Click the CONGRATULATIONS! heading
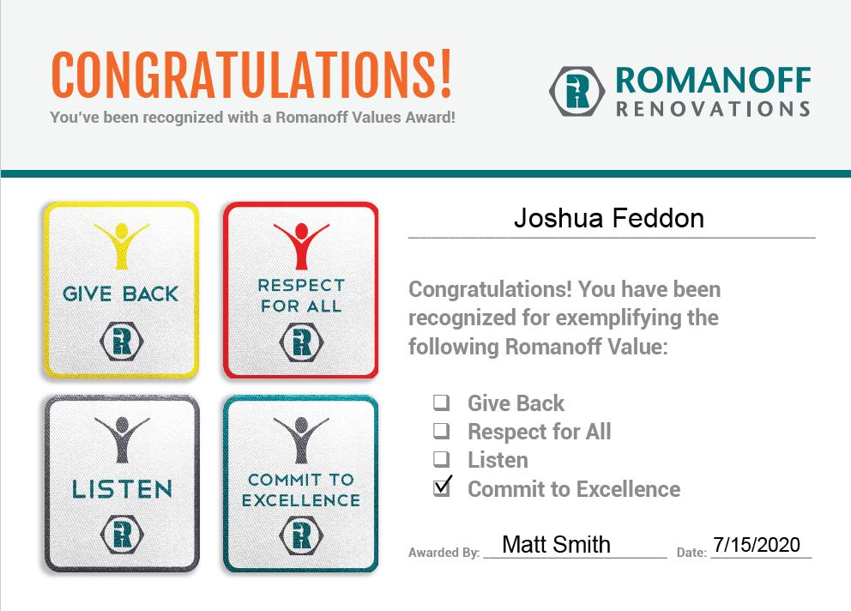click(x=250, y=75)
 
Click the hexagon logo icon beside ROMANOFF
click(x=577, y=91)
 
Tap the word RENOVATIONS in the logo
click(x=713, y=108)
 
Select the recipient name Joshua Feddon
click(x=609, y=218)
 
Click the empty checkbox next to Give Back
click(x=442, y=402)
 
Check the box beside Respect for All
click(x=442, y=430)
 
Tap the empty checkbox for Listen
click(x=442, y=459)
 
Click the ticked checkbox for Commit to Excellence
click(x=443, y=487)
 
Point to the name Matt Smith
click(x=556, y=544)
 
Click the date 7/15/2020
click(x=757, y=544)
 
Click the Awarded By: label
click(x=444, y=553)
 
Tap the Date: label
click(x=691, y=553)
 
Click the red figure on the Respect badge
click(x=300, y=245)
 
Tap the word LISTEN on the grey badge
click(x=122, y=489)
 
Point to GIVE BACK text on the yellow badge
click(x=121, y=293)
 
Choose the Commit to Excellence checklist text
click(x=573, y=489)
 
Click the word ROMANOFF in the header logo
click(x=713, y=80)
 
